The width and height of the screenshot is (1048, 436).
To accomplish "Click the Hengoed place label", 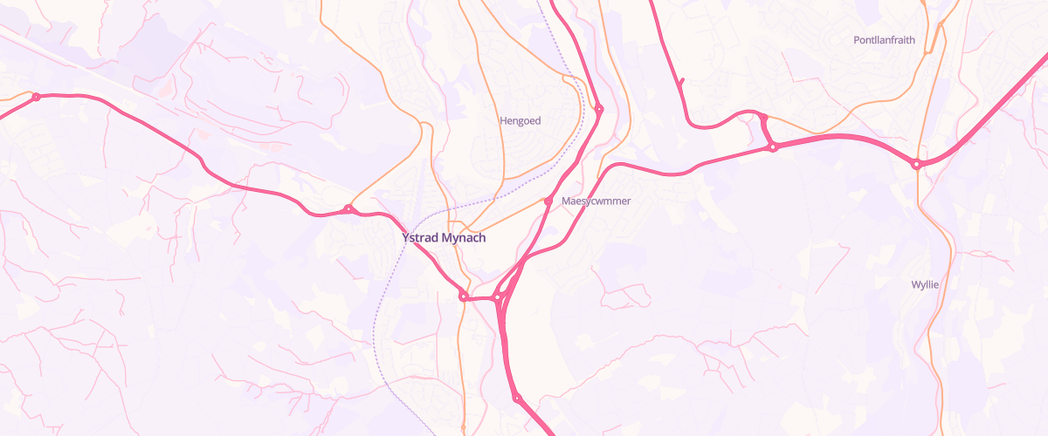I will [521, 121].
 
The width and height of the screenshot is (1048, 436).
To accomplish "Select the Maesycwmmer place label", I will [596, 201].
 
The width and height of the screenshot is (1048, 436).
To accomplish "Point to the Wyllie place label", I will [925, 285].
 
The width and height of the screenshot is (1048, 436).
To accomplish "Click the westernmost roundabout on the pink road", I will [36, 97].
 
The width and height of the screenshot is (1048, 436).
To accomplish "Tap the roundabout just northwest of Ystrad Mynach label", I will [348, 208].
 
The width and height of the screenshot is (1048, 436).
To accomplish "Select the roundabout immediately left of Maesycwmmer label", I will [548, 201].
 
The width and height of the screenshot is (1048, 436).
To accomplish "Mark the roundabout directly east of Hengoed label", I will [598, 109].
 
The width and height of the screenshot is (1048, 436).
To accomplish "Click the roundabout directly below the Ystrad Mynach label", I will [464, 296].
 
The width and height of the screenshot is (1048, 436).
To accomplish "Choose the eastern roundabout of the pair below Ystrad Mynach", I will [497, 297].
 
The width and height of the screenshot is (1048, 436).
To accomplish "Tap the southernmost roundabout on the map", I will [517, 399].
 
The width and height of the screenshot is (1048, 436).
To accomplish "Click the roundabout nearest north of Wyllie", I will [916, 164].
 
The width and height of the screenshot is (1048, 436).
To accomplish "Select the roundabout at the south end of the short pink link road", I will [773, 147].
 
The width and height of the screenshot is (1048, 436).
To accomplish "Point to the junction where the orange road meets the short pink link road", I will [762, 116].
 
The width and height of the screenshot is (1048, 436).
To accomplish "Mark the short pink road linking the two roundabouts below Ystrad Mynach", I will [480, 297].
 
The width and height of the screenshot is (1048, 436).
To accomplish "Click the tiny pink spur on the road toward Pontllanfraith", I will [681, 82].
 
